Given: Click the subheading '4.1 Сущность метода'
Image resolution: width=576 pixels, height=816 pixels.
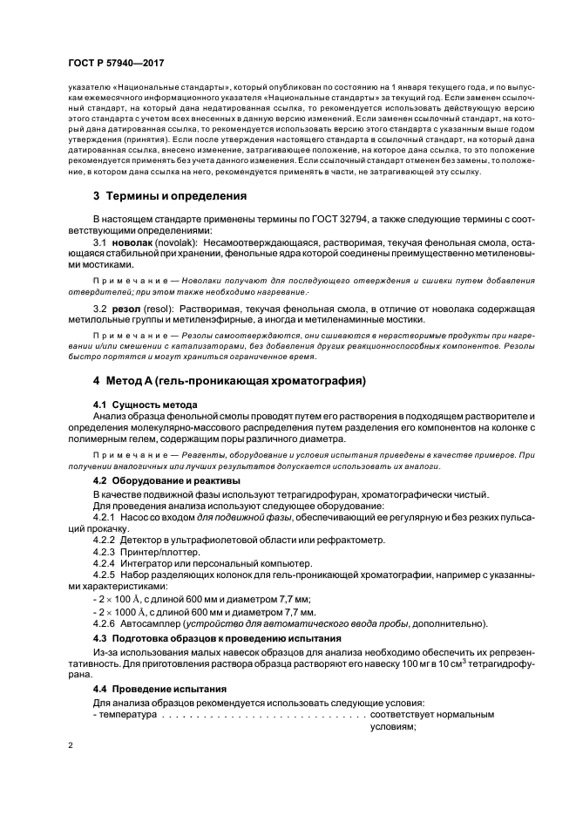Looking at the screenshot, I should pos(145,405).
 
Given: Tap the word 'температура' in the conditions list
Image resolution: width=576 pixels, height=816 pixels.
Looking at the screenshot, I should pos(128,714).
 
